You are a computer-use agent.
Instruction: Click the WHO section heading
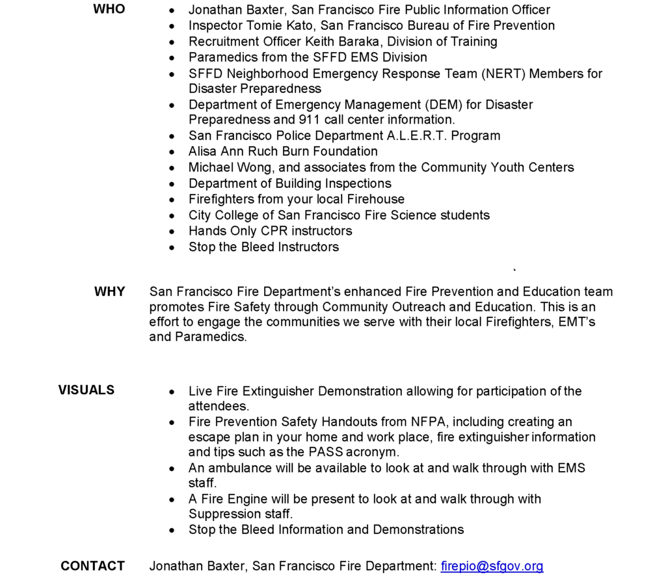[x=109, y=9]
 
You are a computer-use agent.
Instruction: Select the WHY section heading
[x=109, y=291]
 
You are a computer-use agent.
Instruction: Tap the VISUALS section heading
[x=86, y=390]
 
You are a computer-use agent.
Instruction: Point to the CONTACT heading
[x=92, y=566]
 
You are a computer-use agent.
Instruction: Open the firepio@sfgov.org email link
[x=492, y=566]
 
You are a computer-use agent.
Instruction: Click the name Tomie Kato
[x=271, y=26]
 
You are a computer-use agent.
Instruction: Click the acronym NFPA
[x=427, y=422]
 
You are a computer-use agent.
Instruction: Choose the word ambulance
[x=239, y=468]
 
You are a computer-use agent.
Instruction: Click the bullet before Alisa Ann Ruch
[x=172, y=152]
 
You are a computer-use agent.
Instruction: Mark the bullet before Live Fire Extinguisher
[x=172, y=392]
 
